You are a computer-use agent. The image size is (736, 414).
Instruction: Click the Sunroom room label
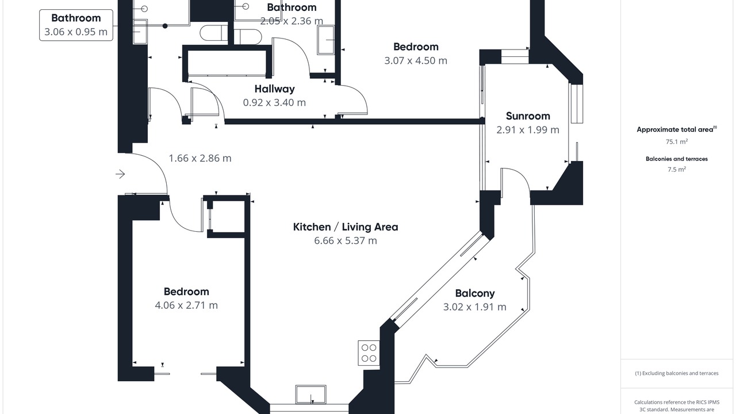coord(528,116)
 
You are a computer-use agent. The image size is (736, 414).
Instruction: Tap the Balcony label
coord(475,293)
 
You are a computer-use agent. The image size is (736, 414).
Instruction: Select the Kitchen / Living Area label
coord(346,227)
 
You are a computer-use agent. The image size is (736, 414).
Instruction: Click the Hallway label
coord(274,89)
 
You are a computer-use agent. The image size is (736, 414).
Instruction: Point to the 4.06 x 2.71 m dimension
coord(186,305)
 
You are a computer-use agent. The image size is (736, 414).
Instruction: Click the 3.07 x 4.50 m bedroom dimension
coord(416,60)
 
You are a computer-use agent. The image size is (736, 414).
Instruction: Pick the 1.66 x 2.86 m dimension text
coord(200,158)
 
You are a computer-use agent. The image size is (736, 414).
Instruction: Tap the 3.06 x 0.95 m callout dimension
coord(76,32)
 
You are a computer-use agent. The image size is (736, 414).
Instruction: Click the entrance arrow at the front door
coord(120,174)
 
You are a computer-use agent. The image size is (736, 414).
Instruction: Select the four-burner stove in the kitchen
coord(369,353)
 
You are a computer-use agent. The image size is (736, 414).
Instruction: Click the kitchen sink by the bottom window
coord(310,394)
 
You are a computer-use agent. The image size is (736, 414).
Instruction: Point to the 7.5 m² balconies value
coord(677,169)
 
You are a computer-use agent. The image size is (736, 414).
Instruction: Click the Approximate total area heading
coord(677,129)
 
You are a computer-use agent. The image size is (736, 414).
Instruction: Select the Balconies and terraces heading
coord(677,159)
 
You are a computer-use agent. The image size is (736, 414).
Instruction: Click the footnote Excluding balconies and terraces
coord(677,373)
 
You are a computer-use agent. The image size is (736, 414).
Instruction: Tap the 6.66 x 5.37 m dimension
coord(346,240)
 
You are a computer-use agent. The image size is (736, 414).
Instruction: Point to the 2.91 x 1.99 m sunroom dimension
coord(528,130)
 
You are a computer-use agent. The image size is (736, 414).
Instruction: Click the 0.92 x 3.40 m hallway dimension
coord(274,102)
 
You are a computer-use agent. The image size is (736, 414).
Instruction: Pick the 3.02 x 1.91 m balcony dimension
coord(475,307)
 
